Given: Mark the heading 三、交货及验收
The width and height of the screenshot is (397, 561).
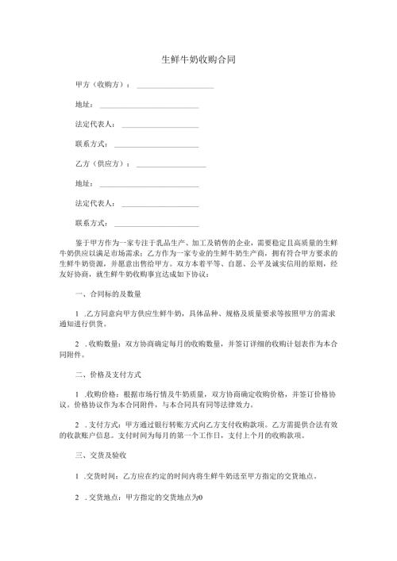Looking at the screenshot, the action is [101, 458].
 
